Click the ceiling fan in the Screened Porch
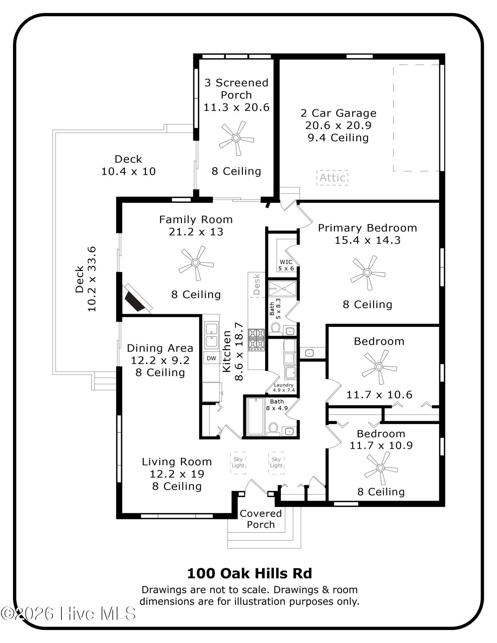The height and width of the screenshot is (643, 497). pyautogui.click(x=236, y=138)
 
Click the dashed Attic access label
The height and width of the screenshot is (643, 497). pyautogui.click(x=332, y=177)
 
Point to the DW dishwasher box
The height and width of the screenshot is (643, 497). pyautogui.click(x=211, y=358)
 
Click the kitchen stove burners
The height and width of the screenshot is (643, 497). pyautogui.click(x=256, y=339)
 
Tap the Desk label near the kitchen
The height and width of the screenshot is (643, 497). pyautogui.click(x=256, y=284)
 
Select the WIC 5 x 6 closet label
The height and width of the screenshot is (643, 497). pyautogui.click(x=286, y=265)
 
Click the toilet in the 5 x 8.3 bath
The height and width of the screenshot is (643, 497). pyautogui.click(x=275, y=329)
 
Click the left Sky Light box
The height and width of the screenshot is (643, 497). pyautogui.click(x=238, y=463)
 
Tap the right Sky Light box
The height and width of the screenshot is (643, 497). pyautogui.click(x=276, y=463)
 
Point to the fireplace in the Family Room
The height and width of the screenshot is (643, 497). pyautogui.click(x=138, y=298)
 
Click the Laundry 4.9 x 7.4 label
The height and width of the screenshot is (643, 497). pyautogui.click(x=284, y=388)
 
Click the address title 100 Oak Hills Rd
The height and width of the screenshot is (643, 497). pyautogui.click(x=250, y=574)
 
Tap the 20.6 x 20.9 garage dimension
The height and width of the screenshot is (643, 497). pyautogui.click(x=338, y=125)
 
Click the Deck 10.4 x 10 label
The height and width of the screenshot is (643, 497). pyautogui.click(x=128, y=165)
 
